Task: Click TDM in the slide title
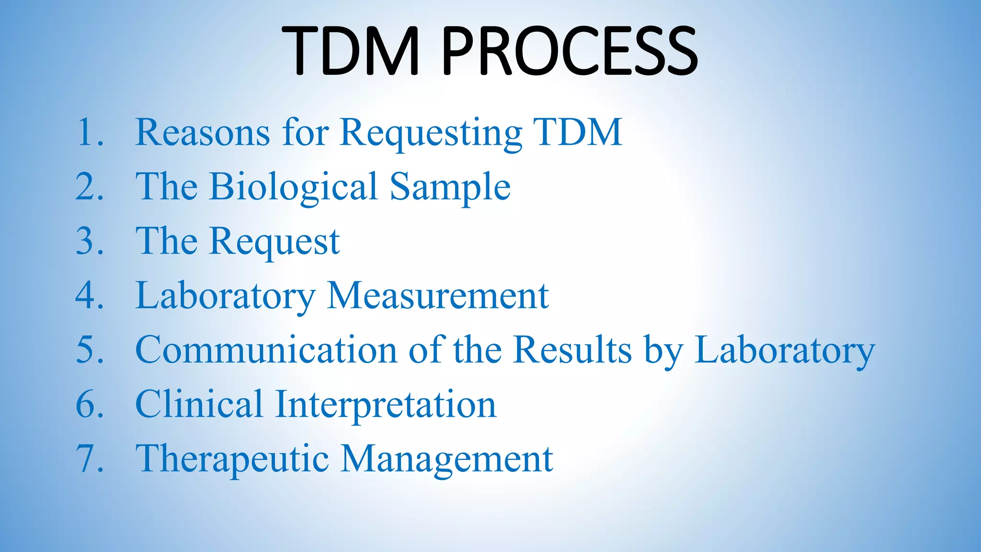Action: (351, 51)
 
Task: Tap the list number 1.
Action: (89, 132)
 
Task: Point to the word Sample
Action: (450, 186)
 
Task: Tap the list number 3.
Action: (89, 241)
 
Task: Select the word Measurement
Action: (437, 296)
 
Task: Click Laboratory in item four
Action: (225, 296)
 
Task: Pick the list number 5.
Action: (89, 350)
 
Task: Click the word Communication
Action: (266, 350)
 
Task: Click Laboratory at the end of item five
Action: (784, 350)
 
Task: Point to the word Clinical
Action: (199, 404)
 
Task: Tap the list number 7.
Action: (89, 459)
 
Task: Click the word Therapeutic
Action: (232, 459)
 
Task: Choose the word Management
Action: (447, 459)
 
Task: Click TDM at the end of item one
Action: (577, 132)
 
